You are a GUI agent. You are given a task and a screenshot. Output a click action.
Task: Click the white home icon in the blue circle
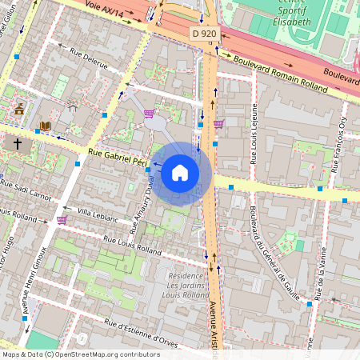click(x=180, y=173)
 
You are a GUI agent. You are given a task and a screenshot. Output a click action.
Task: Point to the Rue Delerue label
click(x=87, y=62)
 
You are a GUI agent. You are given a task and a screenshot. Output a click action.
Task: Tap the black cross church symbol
click(x=18, y=144)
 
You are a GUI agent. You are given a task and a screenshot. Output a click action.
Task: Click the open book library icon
click(x=45, y=126)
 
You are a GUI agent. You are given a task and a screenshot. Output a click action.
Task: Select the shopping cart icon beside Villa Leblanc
click(x=62, y=219)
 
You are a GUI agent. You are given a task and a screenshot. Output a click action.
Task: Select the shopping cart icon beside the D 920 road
click(x=218, y=123)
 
